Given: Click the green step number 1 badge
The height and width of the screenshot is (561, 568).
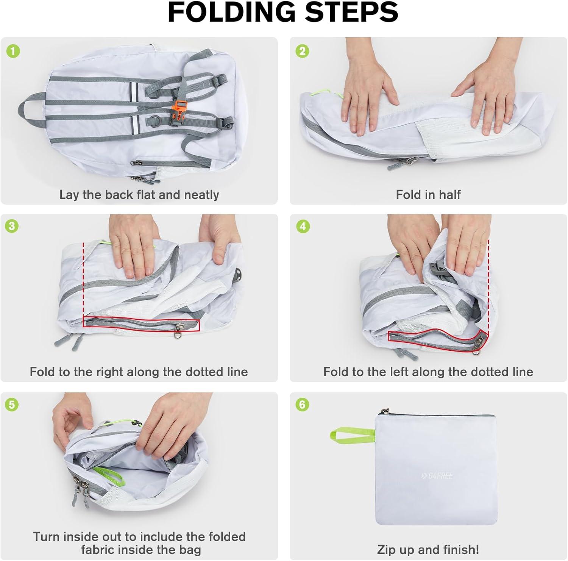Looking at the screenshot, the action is click(13, 51).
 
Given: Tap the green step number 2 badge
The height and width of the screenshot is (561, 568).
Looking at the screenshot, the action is click(302, 51).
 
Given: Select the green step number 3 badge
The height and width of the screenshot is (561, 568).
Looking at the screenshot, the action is click(12, 226).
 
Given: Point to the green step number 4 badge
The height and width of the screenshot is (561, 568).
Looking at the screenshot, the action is click(302, 226).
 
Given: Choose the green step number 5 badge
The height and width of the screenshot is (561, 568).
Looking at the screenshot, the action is click(12, 405).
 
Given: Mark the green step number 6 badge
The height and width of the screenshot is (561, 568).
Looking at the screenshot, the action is click(302, 405).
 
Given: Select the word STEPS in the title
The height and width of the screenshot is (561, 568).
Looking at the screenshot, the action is click(352, 12).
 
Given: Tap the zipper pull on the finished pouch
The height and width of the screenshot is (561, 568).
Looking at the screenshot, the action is click(385, 411).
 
